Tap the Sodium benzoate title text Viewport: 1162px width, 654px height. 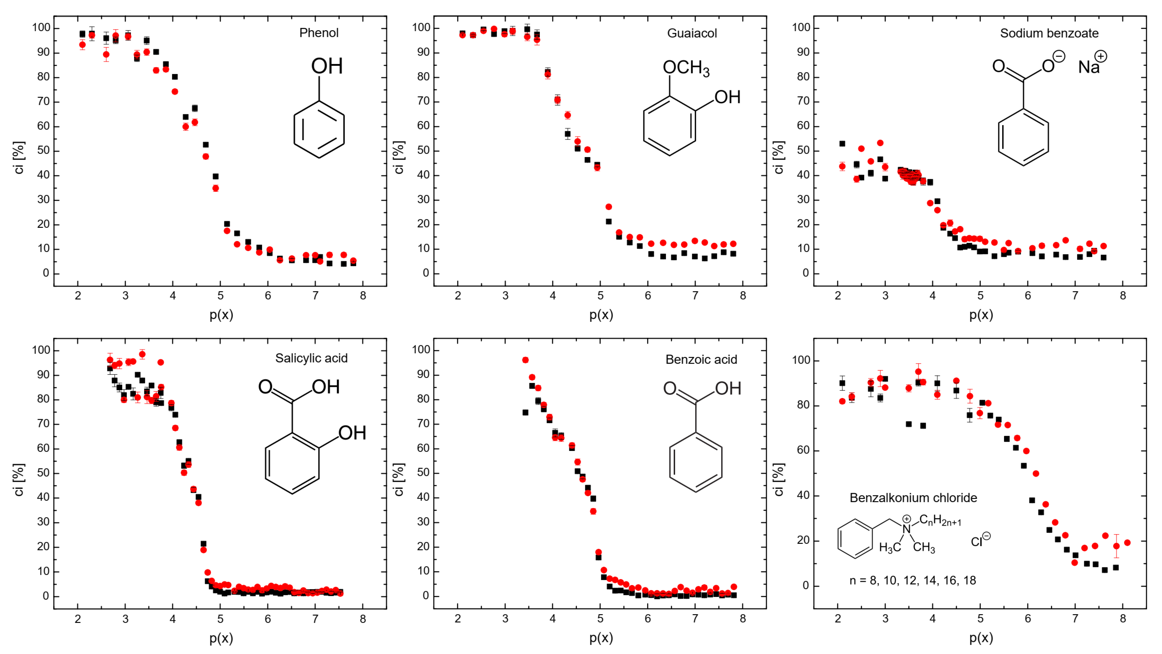1049,33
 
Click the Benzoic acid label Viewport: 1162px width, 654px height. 701,360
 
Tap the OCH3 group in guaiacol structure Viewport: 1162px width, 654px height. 686,68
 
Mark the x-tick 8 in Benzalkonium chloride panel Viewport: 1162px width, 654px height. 1123,619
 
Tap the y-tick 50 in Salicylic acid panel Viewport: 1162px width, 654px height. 43,473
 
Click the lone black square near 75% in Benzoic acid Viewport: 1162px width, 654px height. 525,412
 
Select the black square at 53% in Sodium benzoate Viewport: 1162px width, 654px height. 842,143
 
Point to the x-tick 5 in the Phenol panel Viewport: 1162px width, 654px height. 220,296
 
